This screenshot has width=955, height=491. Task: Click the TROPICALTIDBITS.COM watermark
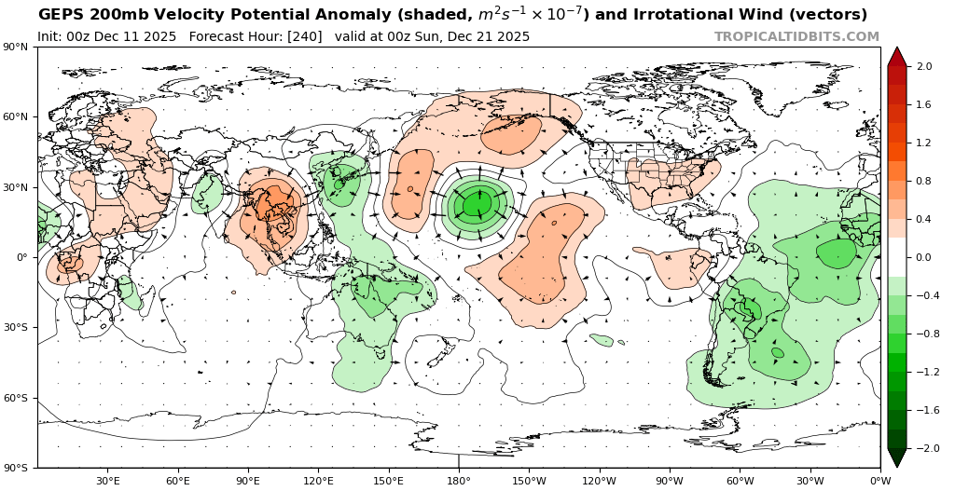(x=796, y=36)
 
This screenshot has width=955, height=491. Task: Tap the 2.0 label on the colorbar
(x=925, y=66)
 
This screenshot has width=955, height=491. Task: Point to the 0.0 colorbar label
(x=925, y=257)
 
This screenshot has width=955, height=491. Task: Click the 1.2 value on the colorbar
(x=925, y=143)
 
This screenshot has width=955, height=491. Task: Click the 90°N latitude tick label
(x=15, y=47)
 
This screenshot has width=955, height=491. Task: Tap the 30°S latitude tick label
(x=15, y=327)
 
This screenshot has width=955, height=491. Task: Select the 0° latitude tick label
(x=20, y=257)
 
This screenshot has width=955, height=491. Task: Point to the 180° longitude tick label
(x=458, y=481)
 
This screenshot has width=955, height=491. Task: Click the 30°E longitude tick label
(x=107, y=481)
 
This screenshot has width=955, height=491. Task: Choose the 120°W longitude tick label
(x=599, y=481)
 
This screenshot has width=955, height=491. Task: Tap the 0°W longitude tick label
(x=879, y=481)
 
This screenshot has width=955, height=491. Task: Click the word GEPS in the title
(x=59, y=15)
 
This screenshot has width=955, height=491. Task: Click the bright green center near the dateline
(x=477, y=203)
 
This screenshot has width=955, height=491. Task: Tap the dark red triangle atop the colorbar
(x=897, y=56)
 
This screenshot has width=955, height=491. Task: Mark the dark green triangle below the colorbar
(x=897, y=458)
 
